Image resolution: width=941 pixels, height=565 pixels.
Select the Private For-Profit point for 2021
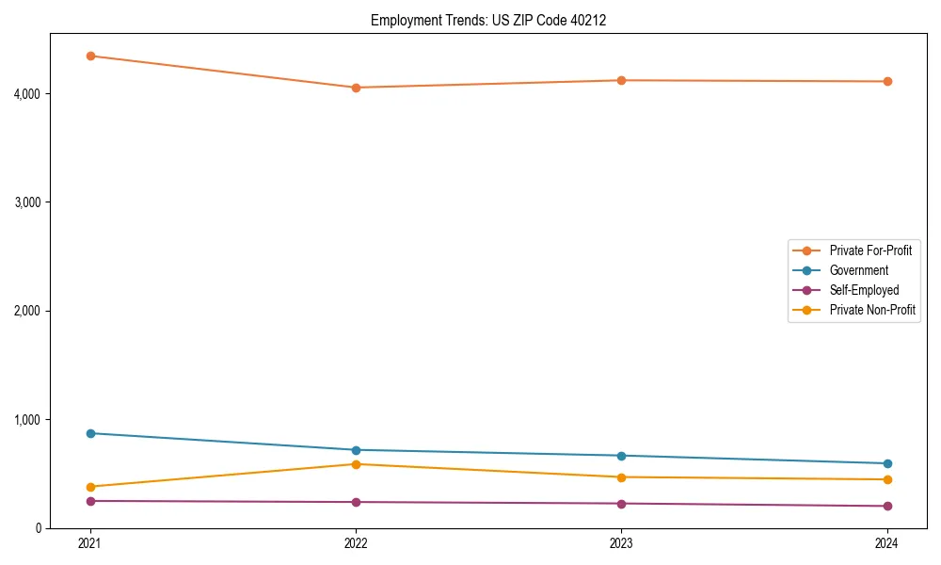90,56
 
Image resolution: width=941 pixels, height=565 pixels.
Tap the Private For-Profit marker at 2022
356,88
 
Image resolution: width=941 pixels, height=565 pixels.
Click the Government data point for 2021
90,433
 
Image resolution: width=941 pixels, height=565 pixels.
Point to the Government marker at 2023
621,456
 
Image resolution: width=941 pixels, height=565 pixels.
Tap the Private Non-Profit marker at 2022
356,464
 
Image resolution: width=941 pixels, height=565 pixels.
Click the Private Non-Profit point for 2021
90,487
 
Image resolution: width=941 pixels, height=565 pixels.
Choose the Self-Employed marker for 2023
621,504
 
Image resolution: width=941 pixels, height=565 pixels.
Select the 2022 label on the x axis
356,543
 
